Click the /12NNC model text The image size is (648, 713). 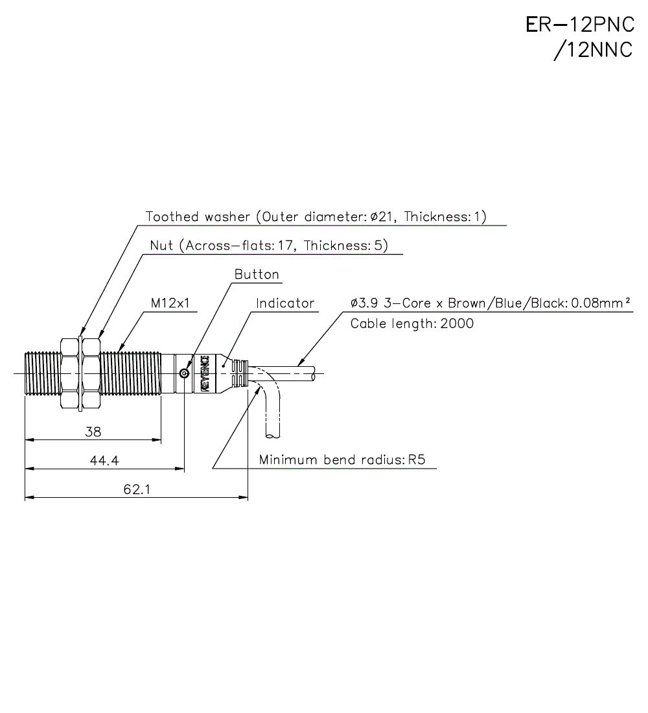592,51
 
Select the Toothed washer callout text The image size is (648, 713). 316,216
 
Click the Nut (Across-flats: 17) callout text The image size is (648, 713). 268,246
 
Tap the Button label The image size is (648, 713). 257,275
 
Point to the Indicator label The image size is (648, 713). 284,303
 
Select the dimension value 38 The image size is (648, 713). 93,432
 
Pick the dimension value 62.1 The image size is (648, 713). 137,490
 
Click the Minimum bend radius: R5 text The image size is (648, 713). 342,460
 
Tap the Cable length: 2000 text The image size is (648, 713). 411,323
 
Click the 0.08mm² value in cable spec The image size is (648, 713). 601,303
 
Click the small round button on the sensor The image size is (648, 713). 185,373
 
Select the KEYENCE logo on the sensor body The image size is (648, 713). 204,373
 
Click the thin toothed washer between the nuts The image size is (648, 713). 80,373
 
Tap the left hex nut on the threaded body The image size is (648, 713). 68,373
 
